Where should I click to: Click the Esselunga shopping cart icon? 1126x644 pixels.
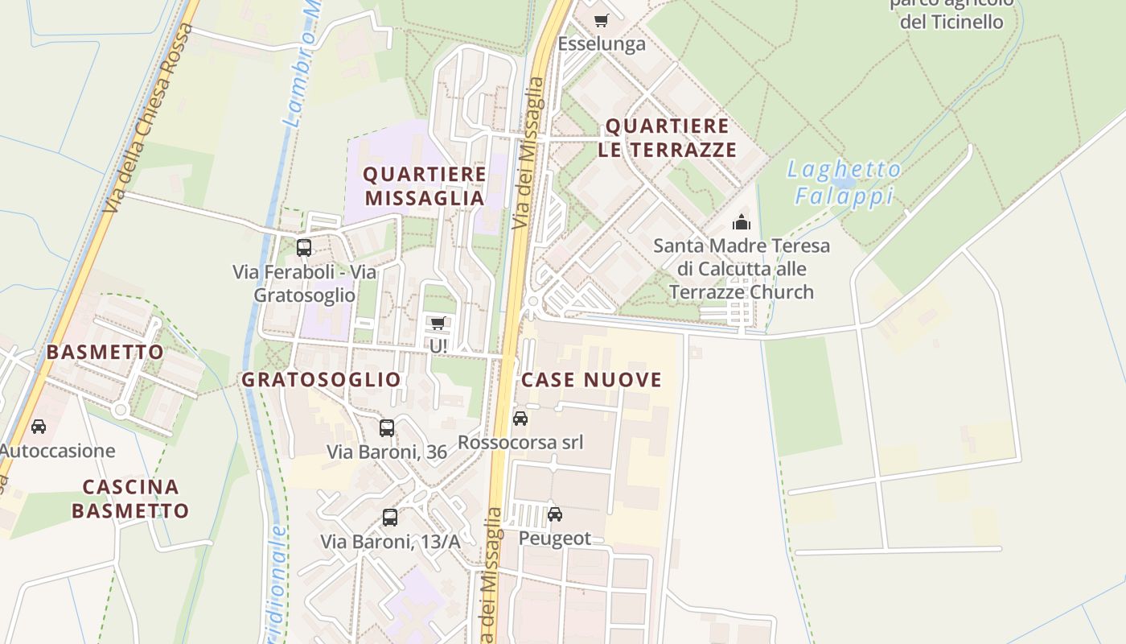pos(601,20)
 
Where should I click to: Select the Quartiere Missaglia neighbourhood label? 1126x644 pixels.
pos(425,186)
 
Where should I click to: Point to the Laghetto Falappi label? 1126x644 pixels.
pos(844,182)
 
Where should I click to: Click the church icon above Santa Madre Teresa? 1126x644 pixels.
pos(741,221)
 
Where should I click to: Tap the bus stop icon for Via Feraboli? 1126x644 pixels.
pos(303,247)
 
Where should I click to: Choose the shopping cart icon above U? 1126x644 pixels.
pos(438,323)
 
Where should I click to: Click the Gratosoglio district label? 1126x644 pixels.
pos(321,379)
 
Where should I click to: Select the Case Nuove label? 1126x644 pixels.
pos(592,380)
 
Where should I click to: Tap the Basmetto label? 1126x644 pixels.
pos(105,352)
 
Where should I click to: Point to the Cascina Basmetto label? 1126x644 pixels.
pos(130,499)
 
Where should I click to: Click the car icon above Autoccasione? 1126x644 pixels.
pos(38,426)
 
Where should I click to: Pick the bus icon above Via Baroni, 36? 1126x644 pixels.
pos(387,427)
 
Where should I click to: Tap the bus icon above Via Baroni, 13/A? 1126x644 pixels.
pos(390,518)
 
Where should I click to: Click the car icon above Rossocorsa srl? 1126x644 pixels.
pos(520,418)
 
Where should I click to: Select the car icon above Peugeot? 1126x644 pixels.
pos(554,514)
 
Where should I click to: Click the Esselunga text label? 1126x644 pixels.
pos(602,43)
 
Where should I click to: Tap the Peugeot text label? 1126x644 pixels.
pos(555,538)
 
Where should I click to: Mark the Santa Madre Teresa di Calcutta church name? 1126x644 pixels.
pos(741,269)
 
